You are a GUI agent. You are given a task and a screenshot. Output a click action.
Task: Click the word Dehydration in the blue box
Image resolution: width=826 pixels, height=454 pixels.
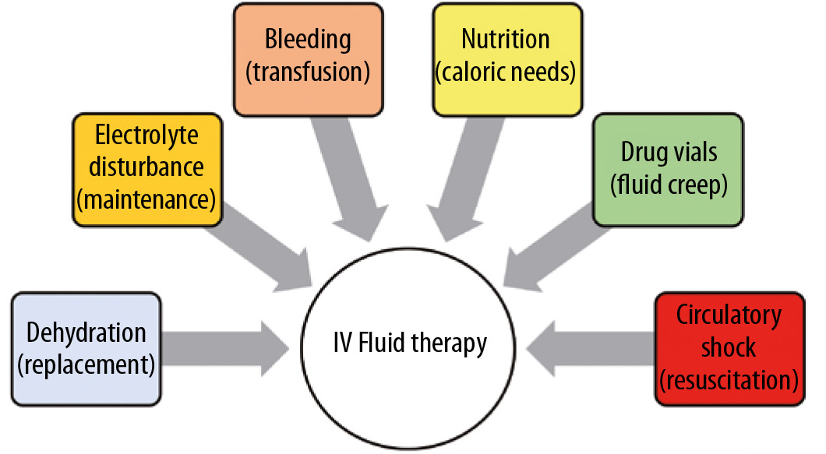click(x=86, y=333)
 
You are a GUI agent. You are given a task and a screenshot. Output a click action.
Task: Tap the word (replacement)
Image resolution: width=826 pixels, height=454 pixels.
click(x=86, y=363)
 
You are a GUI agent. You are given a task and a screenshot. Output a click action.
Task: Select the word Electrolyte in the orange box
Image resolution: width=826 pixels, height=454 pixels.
click(x=146, y=135)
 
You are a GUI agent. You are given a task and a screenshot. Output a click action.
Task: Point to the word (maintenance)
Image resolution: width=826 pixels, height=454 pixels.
click(x=146, y=199)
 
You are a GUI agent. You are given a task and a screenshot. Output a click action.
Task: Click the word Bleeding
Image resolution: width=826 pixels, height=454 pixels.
click(x=308, y=39)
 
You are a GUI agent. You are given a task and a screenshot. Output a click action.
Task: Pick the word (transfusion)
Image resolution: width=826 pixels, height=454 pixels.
click(x=308, y=72)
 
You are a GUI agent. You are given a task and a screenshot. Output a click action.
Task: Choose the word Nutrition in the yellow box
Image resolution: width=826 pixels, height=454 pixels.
click(x=506, y=39)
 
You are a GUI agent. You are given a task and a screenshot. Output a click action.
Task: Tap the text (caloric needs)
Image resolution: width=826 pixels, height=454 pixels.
click(x=506, y=72)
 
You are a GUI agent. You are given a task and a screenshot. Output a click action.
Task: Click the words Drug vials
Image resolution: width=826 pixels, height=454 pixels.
click(x=668, y=153)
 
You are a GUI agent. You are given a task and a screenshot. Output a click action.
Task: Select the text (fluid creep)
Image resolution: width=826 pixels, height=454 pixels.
click(x=668, y=186)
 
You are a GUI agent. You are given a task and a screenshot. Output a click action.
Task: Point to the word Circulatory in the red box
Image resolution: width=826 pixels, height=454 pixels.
click(x=729, y=315)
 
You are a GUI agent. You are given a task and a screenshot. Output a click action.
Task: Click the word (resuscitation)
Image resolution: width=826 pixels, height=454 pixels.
click(x=729, y=381)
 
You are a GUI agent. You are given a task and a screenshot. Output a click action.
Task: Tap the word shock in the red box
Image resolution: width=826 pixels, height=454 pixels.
click(x=729, y=348)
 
